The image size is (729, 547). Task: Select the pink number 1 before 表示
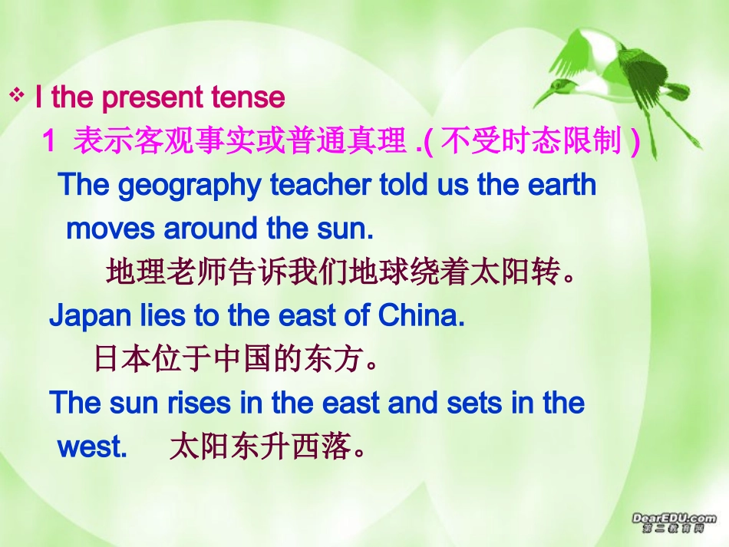coord(50,141)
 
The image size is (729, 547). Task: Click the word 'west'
coord(91,446)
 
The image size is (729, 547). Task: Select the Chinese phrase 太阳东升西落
coord(261,446)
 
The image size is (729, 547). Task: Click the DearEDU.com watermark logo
coord(674,522)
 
